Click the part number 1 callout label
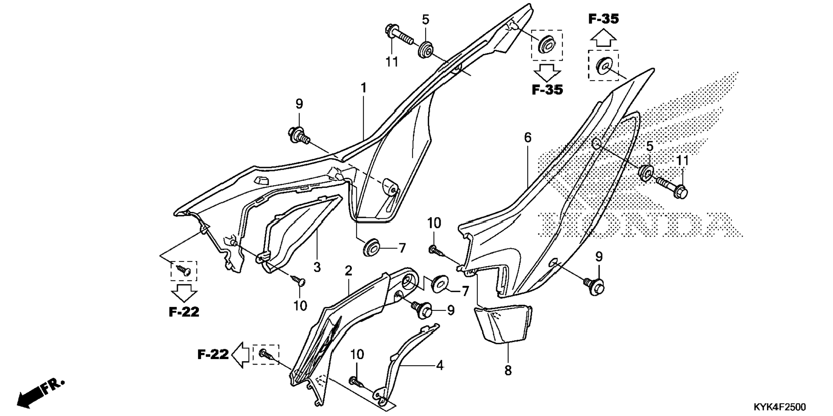coord(364,88)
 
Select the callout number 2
coord(348,271)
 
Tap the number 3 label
coord(317,267)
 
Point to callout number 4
coord(439,365)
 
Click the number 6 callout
coord(528,138)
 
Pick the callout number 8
coord(508,370)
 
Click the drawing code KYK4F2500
coord(780,407)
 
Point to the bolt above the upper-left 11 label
coord(398,36)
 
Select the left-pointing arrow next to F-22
coord(240,354)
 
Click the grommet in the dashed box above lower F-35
coord(547,44)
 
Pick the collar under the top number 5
coord(426,48)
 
